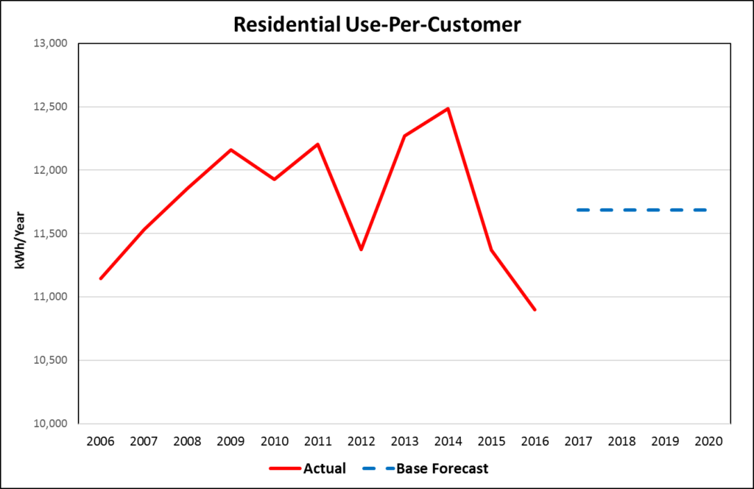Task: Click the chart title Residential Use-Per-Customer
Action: click(x=377, y=24)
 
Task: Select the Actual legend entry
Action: click(x=307, y=468)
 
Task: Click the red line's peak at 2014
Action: click(x=448, y=108)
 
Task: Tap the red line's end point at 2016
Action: click(x=535, y=309)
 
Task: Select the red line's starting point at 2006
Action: click(x=100, y=278)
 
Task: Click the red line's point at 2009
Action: click(x=230, y=150)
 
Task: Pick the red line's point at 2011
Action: click(x=317, y=144)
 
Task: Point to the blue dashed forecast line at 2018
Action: click(x=621, y=210)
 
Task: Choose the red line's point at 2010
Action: click(x=274, y=179)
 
